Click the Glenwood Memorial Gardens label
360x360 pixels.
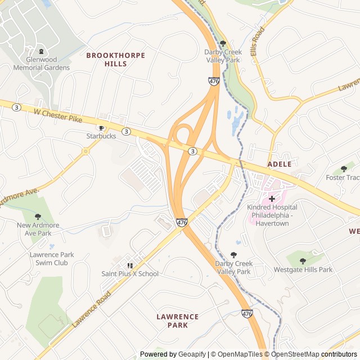pos(48,64)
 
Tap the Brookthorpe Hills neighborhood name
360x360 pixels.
pos(115,60)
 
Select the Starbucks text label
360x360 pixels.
pos(101,136)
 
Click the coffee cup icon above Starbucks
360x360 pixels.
pos(102,128)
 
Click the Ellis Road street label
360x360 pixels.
pos(258,40)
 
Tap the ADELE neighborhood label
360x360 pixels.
pos(280,164)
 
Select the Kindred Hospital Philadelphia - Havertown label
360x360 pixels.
pos(272,215)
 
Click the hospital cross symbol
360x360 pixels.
pos(272,199)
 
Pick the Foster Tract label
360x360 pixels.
pos(343,178)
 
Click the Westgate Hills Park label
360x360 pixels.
pos(303,269)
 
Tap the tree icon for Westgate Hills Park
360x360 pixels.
pos(303,261)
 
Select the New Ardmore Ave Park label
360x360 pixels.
pos(38,229)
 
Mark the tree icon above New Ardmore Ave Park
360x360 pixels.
pos(38,217)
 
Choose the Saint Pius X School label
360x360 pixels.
pos(130,274)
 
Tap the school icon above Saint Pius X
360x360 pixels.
pos(130,265)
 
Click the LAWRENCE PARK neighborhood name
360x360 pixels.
pos(178,321)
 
